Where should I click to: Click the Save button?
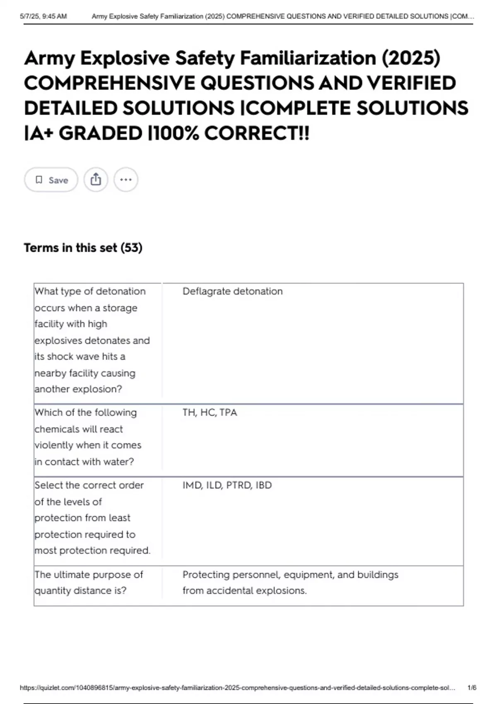(51, 180)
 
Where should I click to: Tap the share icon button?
(96, 180)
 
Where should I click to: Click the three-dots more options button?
(125, 180)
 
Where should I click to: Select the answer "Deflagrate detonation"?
(232, 292)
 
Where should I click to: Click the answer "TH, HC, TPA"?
(210, 413)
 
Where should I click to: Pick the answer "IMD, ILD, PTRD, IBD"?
(227, 485)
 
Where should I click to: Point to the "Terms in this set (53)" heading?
(83, 248)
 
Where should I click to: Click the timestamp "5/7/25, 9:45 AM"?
(43, 17)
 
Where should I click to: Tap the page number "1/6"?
(472, 688)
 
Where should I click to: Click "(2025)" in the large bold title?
(411, 58)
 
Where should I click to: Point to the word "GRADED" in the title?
(101, 133)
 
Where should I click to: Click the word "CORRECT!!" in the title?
(257, 133)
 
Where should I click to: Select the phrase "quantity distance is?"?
(80, 591)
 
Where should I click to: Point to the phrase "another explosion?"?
(78, 389)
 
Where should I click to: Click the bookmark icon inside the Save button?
(39, 180)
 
